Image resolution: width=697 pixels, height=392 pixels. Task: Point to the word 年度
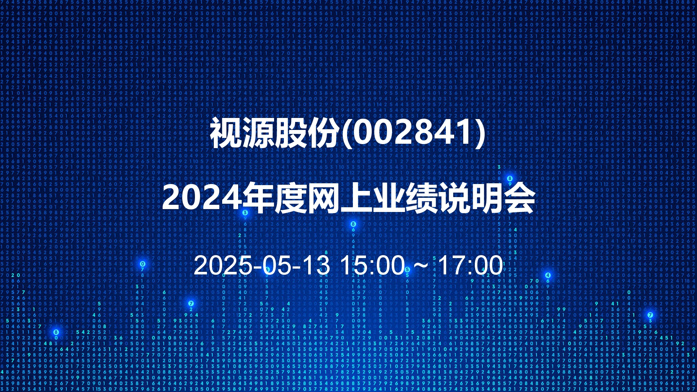point(274,198)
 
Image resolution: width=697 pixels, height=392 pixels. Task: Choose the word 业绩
point(405,198)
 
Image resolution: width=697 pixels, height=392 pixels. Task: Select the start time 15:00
point(372,265)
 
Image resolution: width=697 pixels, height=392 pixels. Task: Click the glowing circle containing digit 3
point(245,213)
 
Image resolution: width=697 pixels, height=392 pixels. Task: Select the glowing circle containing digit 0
point(143,264)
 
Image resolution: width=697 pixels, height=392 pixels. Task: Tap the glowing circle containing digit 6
point(267,270)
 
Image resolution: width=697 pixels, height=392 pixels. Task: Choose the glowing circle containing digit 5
point(407,270)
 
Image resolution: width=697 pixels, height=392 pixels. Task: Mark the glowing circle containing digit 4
point(548,275)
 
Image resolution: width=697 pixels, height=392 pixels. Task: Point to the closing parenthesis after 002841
point(481,133)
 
